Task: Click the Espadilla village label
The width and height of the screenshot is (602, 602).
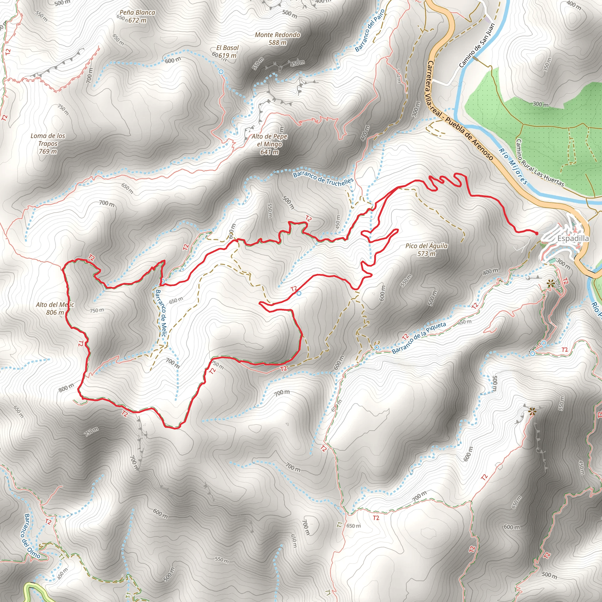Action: pos(573,239)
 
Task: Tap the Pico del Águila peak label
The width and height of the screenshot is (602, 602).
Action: pos(426,250)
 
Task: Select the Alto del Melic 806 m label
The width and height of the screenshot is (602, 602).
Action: pos(55,308)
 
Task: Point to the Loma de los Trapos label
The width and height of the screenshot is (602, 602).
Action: pos(48,143)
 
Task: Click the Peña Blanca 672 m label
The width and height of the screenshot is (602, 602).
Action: pos(137,16)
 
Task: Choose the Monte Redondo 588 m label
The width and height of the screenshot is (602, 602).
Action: pos(277,39)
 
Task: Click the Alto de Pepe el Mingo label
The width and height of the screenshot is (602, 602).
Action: pos(270,144)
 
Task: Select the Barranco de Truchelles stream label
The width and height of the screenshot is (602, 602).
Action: pos(323,178)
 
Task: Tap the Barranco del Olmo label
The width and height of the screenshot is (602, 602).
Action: pos(32,536)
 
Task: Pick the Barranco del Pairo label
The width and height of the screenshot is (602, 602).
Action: pos(370,30)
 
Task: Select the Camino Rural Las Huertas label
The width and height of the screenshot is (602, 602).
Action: pos(540,163)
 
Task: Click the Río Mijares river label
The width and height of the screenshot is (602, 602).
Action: pos(513,166)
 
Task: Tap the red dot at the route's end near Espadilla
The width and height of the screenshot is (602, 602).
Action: pos(536,233)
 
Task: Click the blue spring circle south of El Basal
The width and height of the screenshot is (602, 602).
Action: pos(221,72)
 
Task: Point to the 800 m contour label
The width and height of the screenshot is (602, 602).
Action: pos(66,388)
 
